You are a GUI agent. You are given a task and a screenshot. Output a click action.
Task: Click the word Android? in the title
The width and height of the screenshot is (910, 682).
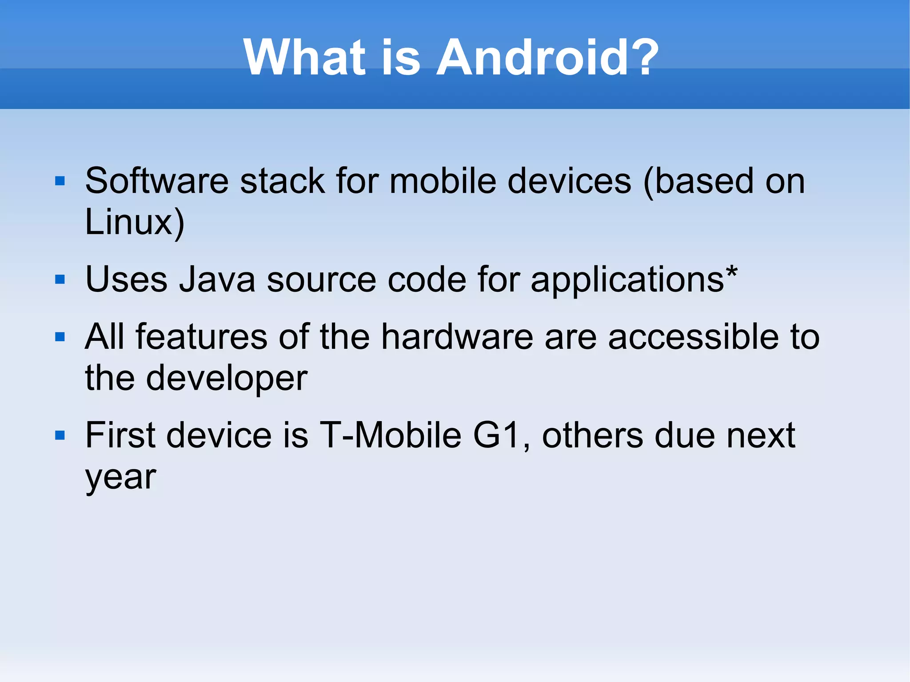[x=547, y=58]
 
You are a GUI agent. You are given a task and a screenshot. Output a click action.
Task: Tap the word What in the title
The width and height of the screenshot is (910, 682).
[x=304, y=58]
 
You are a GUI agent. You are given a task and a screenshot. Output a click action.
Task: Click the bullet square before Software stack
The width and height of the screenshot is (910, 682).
[x=60, y=181]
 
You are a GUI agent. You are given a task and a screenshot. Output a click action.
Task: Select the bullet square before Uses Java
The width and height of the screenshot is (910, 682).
[x=60, y=279]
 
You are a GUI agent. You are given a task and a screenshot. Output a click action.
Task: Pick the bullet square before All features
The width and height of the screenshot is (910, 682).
[x=60, y=337]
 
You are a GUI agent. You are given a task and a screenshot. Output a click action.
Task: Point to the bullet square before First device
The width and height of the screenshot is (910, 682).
[x=60, y=435]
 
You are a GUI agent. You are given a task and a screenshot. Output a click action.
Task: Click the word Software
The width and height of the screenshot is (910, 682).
[x=156, y=181]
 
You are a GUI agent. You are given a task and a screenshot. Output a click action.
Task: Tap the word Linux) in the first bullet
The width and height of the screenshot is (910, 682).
[x=134, y=222]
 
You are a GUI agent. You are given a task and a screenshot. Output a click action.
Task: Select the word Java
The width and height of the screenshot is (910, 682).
[x=217, y=280]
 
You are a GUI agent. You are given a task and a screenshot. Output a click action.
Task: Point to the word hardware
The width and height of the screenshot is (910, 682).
[x=457, y=337]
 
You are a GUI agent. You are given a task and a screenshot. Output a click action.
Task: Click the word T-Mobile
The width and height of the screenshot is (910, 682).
[x=391, y=435]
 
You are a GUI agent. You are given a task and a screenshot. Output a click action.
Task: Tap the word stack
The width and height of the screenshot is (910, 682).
[x=283, y=181]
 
